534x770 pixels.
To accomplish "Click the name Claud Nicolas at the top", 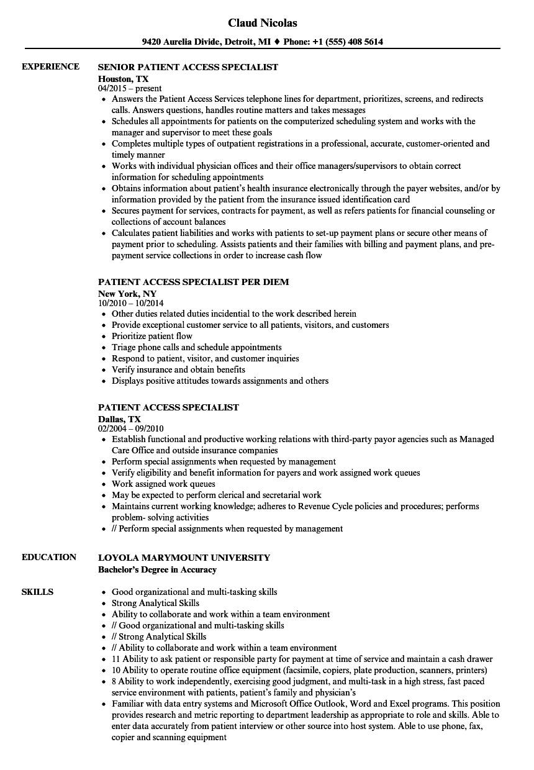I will [x=262, y=23].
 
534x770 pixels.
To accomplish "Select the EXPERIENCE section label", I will [x=50, y=66].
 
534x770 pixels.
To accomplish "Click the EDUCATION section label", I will [x=49, y=557].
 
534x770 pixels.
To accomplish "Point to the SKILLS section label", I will [x=37, y=592].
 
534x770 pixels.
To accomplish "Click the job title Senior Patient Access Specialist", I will [x=188, y=67].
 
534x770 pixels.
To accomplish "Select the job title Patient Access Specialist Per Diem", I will [x=193, y=282].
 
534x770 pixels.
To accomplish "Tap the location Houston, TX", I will [x=123, y=79].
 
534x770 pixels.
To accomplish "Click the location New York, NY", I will [x=127, y=294].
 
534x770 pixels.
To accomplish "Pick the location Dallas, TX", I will [x=119, y=419].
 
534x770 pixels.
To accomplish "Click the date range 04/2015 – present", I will [x=130, y=89].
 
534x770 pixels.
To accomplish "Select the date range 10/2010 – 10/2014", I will [x=130, y=304].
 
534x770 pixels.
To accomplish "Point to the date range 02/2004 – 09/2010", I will [x=130, y=429].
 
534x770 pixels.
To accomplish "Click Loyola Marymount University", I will [x=184, y=558].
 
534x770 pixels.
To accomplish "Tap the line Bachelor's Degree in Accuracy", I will [x=157, y=569].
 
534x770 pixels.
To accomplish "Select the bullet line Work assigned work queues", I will [x=163, y=484].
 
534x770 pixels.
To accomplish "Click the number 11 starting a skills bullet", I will [x=116, y=659].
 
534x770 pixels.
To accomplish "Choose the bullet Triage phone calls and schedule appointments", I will [x=196, y=347].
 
